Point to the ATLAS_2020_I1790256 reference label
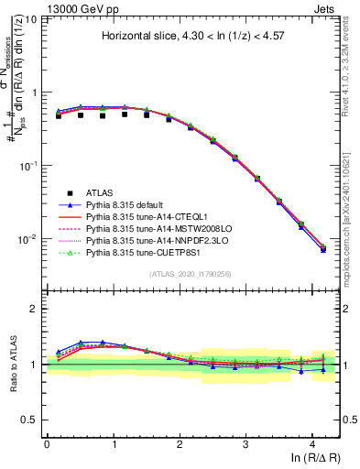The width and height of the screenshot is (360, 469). [191, 275]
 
